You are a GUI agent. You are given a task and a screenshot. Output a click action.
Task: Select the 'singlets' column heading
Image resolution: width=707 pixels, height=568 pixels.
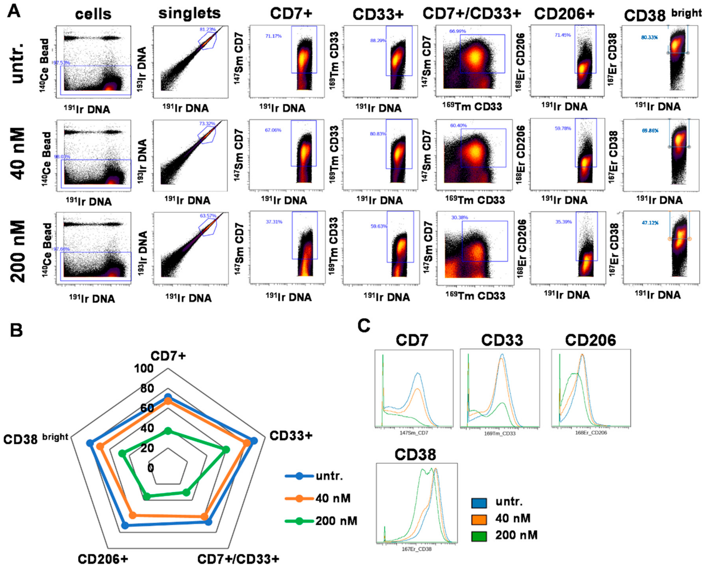point(189,13)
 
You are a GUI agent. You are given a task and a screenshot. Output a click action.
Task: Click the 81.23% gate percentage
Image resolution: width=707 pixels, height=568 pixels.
point(208,29)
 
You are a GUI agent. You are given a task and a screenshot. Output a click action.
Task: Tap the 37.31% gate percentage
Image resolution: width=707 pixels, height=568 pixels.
point(274,222)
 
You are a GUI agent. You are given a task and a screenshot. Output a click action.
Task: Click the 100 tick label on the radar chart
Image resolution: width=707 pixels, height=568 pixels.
point(144,369)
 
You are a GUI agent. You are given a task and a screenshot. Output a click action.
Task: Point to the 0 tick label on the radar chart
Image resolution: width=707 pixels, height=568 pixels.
point(151,468)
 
